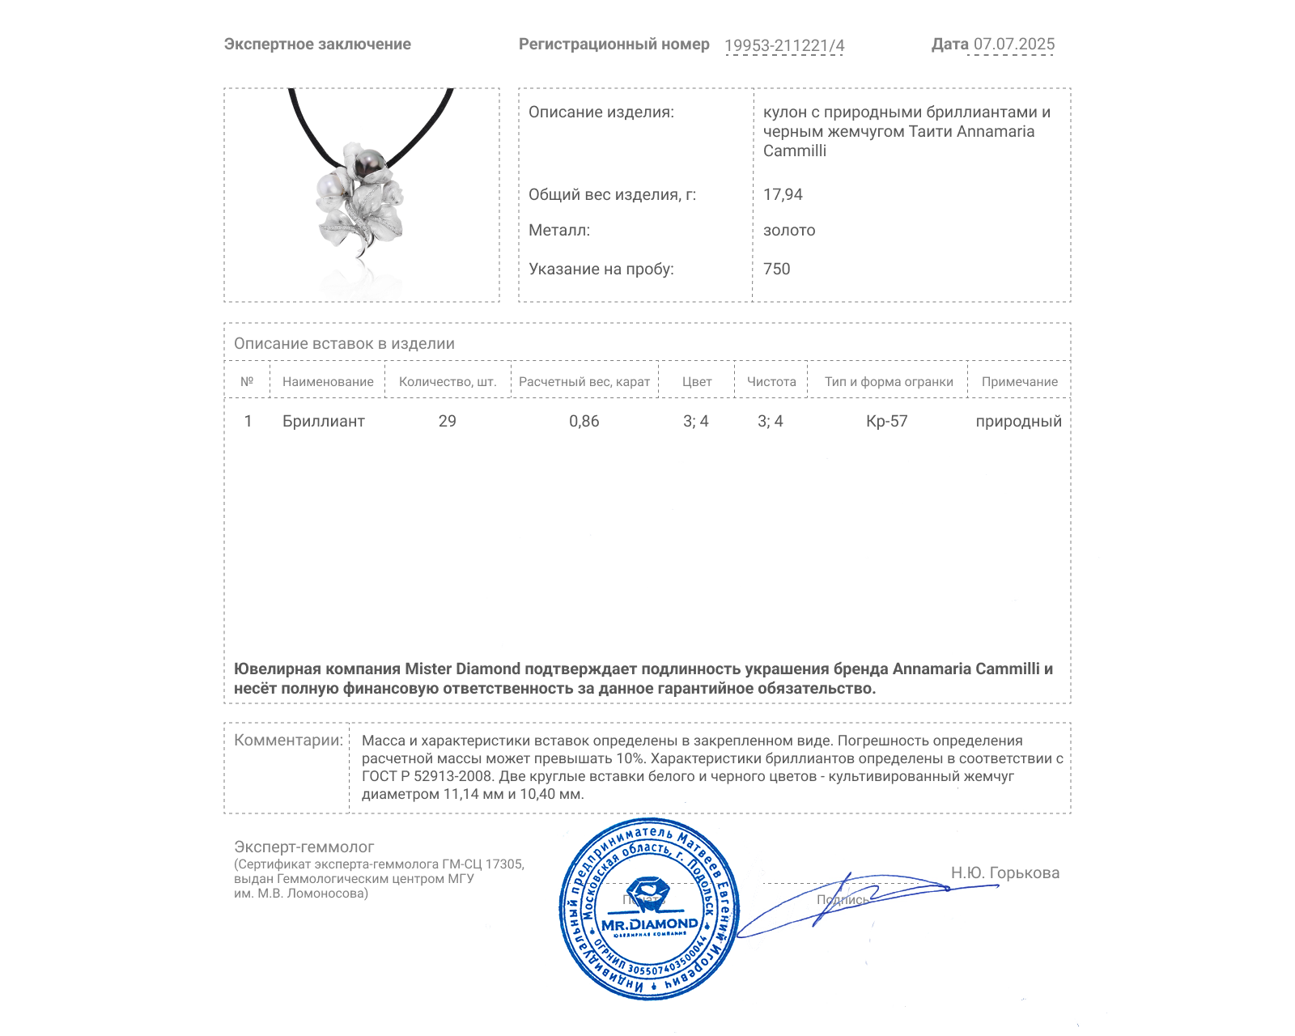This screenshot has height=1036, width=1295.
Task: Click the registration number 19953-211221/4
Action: point(783,45)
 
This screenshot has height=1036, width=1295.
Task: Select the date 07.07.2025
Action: point(1013,45)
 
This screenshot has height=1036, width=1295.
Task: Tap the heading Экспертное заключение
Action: point(317,45)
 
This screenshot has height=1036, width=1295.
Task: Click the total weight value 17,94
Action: point(783,194)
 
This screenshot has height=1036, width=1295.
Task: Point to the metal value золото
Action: point(789,230)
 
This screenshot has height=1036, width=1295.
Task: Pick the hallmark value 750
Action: point(776,269)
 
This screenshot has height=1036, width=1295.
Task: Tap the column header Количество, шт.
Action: point(448,381)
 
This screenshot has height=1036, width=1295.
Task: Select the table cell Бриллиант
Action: point(323,421)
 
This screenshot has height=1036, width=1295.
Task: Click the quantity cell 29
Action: point(447,421)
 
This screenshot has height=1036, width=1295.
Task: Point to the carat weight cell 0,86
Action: point(584,421)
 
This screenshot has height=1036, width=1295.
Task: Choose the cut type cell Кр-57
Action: point(886,421)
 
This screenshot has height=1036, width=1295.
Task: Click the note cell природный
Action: point(1018,421)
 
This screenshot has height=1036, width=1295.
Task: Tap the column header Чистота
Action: point(771,381)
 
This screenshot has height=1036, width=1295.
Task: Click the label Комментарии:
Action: point(288,740)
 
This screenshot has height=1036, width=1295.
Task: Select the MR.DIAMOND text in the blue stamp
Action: point(649,924)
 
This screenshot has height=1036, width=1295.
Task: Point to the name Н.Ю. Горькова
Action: point(1004,873)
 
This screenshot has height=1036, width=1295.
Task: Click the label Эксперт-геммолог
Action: point(304,847)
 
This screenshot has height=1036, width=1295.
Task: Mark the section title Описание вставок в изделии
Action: point(344,343)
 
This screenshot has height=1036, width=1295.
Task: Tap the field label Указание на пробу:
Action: point(601,269)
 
